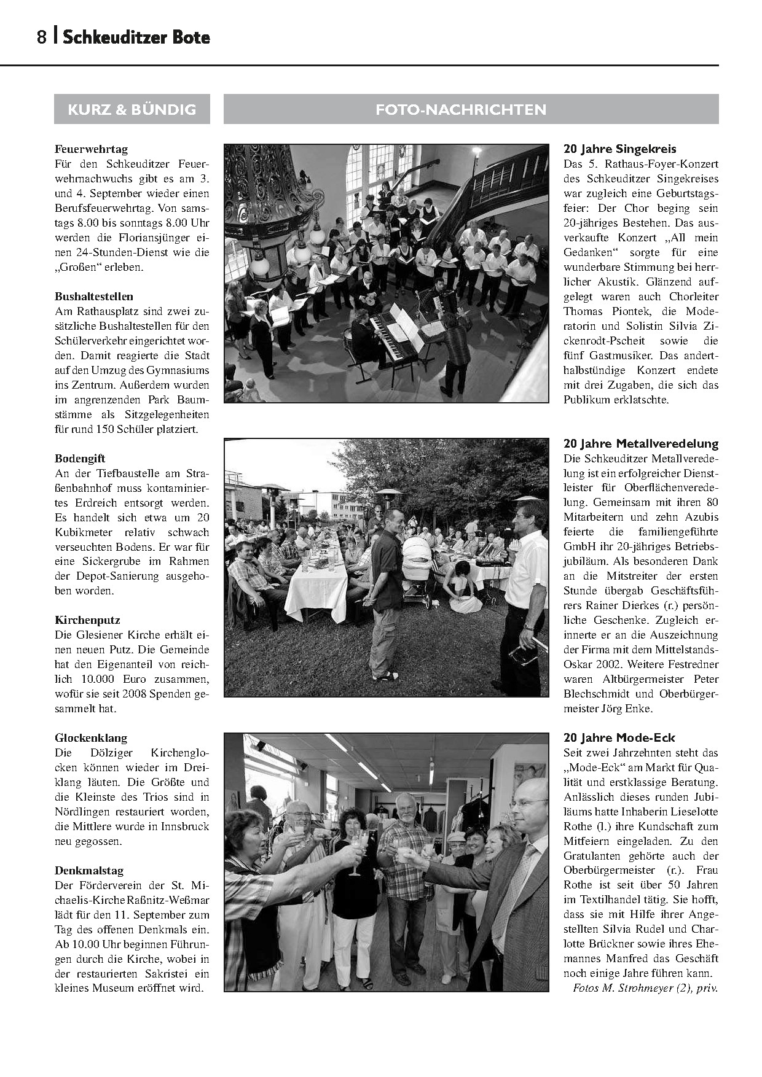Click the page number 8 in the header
tap(41, 37)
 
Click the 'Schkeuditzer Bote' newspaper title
tap(136, 37)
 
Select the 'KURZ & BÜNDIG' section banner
tap(132, 109)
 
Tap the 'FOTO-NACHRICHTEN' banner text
tap(460, 109)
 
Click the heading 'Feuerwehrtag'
tap(91, 149)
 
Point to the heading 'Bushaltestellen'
tap(93, 297)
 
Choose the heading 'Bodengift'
tap(80, 459)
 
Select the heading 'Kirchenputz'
tap(87, 621)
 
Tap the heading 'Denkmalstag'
tap(89, 871)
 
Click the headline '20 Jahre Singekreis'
tap(619, 149)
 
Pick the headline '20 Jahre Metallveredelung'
tap(640, 444)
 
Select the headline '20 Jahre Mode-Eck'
tap(619, 738)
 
